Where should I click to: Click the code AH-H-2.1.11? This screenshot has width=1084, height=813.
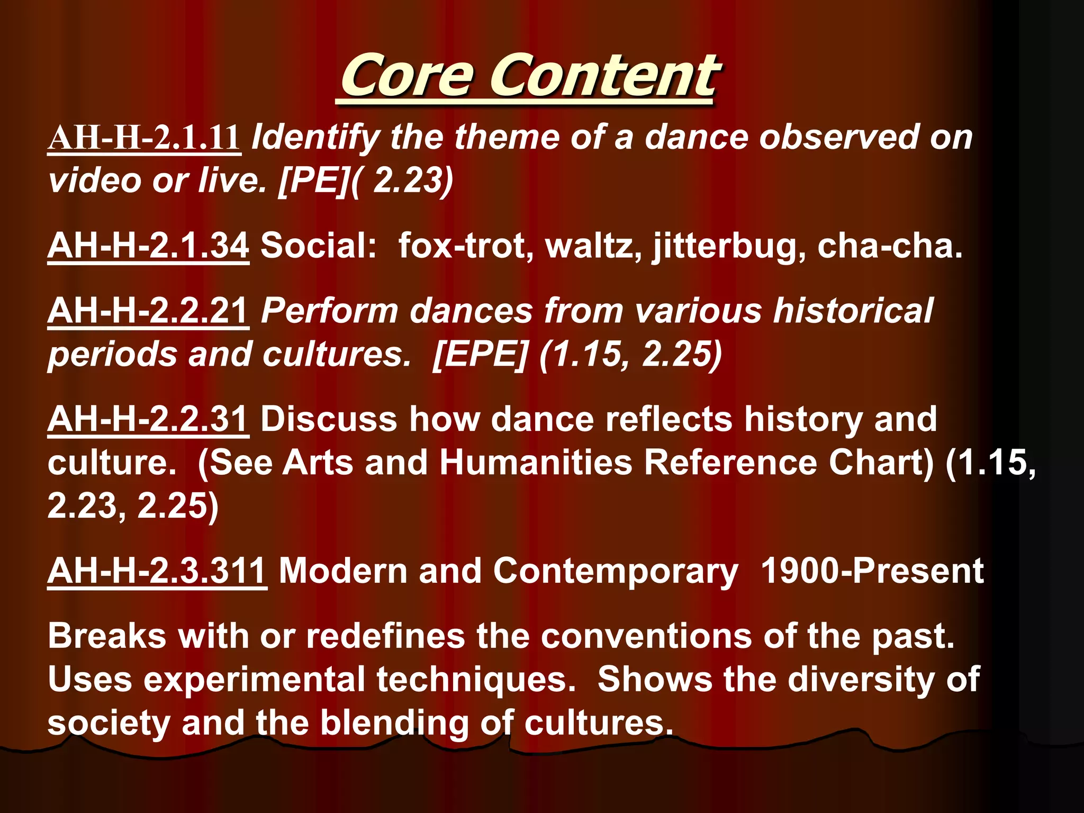[144, 138]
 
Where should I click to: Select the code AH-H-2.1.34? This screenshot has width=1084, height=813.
[148, 246]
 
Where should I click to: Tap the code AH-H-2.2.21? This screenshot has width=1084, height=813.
[148, 311]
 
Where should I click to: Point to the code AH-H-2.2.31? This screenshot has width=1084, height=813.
[148, 419]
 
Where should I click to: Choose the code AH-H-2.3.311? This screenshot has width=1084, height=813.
[157, 572]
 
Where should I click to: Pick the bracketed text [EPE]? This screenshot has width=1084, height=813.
[480, 354]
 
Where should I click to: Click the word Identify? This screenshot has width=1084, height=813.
[315, 138]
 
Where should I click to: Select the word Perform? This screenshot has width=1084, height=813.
[329, 311]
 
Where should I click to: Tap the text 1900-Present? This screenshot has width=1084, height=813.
[872, 572]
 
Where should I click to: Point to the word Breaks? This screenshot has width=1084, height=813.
[107, 636]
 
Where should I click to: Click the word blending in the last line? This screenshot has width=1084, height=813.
[394, 723]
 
